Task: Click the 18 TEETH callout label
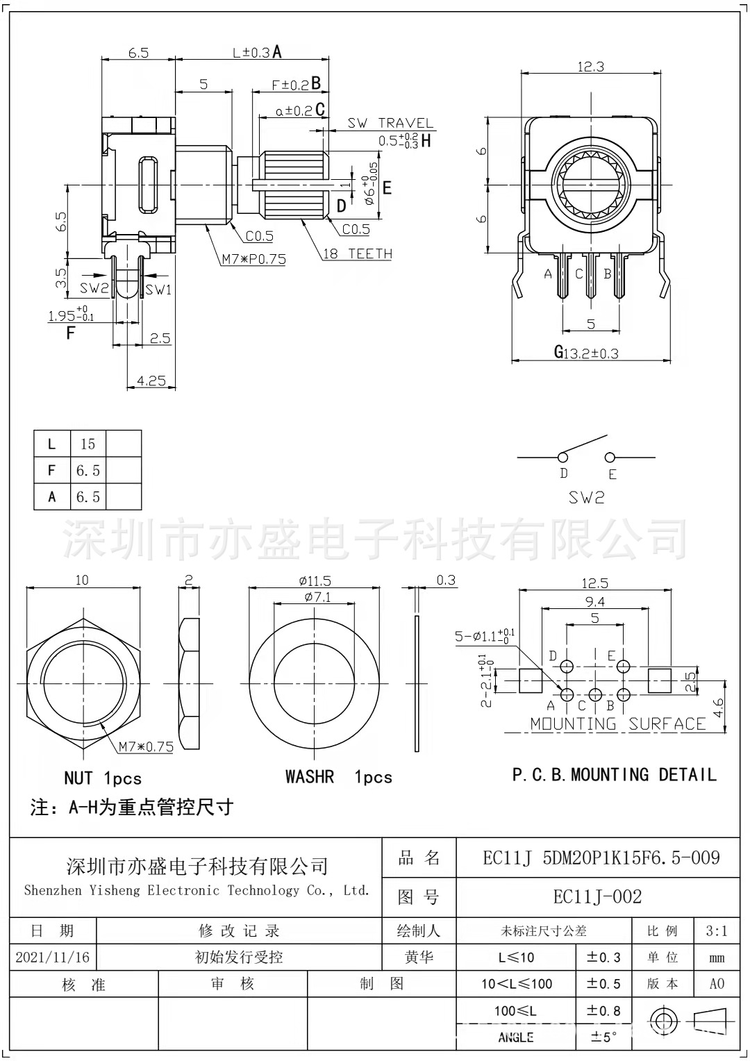[357, 254]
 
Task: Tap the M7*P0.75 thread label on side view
[253, 260]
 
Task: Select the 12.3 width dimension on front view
[590, 67]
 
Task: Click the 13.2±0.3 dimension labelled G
[590, 353]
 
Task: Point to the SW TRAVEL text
[390, 124]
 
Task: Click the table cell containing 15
[87, 444]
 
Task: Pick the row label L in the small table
[51, 444]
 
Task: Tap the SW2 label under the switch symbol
[586, 498]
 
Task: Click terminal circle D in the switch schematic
[562, 457]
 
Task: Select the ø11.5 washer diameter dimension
[315, 580]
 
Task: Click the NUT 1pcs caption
[102, 778]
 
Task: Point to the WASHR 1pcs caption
[338, 777]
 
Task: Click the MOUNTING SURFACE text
[617, 724]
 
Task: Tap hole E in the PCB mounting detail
[624, 668]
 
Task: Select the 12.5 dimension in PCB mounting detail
[595, 583]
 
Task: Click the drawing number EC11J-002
[597, 896]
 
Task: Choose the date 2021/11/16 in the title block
[52, 958]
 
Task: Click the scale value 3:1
[717, 931]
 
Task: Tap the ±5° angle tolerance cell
[603, 1037]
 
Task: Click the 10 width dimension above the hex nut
[82, 580]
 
